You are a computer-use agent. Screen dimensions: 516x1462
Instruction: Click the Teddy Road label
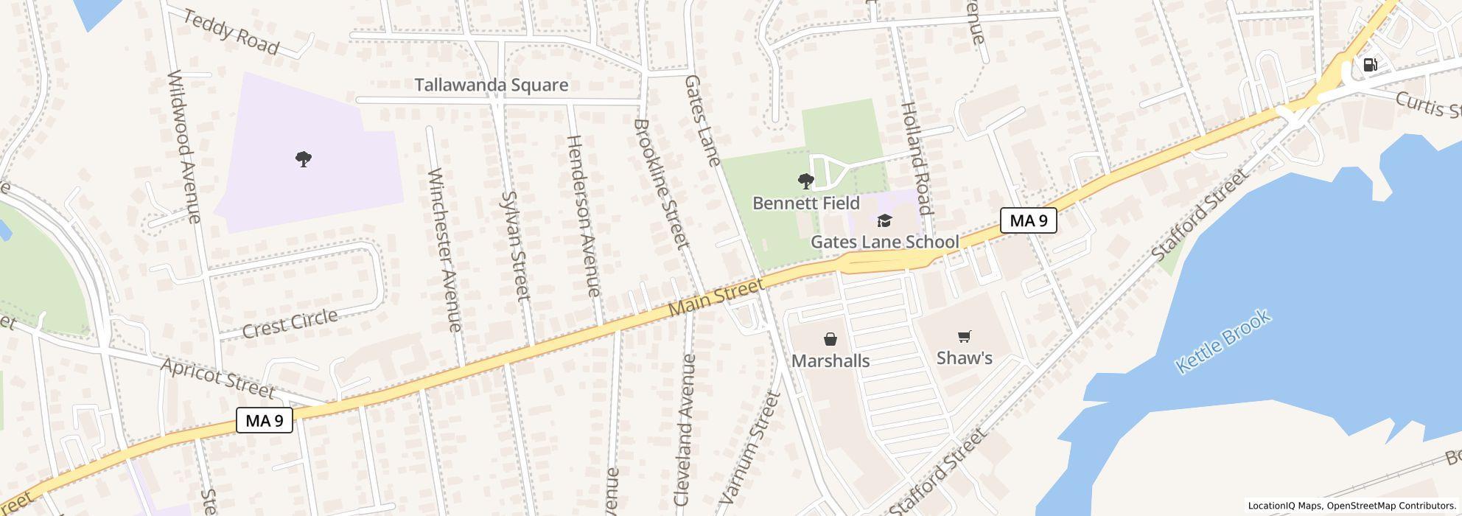(231, 32)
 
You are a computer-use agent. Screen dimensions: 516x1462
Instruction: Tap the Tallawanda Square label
(492, 85)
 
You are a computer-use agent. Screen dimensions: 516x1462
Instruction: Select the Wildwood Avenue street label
(184, 146)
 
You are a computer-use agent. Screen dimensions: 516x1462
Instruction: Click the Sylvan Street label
(515, 245)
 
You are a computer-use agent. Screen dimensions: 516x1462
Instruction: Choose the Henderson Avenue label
(584, 215)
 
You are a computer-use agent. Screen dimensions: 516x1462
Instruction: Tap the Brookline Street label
(661, 183)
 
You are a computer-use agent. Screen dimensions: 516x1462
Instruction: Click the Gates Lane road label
(702, 119)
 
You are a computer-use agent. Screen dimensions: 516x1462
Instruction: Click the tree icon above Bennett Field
(805, 181)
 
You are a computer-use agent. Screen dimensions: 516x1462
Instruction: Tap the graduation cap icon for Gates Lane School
(884, 220)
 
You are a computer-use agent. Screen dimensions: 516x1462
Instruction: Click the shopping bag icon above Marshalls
(830, 339)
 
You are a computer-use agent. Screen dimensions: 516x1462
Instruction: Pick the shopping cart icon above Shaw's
(964, 337)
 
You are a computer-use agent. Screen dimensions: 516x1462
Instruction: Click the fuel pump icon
(1370, 65)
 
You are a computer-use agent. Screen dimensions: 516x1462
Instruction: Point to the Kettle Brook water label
(1223, 341)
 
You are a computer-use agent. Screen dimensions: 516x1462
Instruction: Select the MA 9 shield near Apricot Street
(265, 420)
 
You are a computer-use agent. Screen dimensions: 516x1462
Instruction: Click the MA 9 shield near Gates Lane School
(1028, 220)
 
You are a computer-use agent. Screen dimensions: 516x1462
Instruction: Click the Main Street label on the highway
(716, 298)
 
